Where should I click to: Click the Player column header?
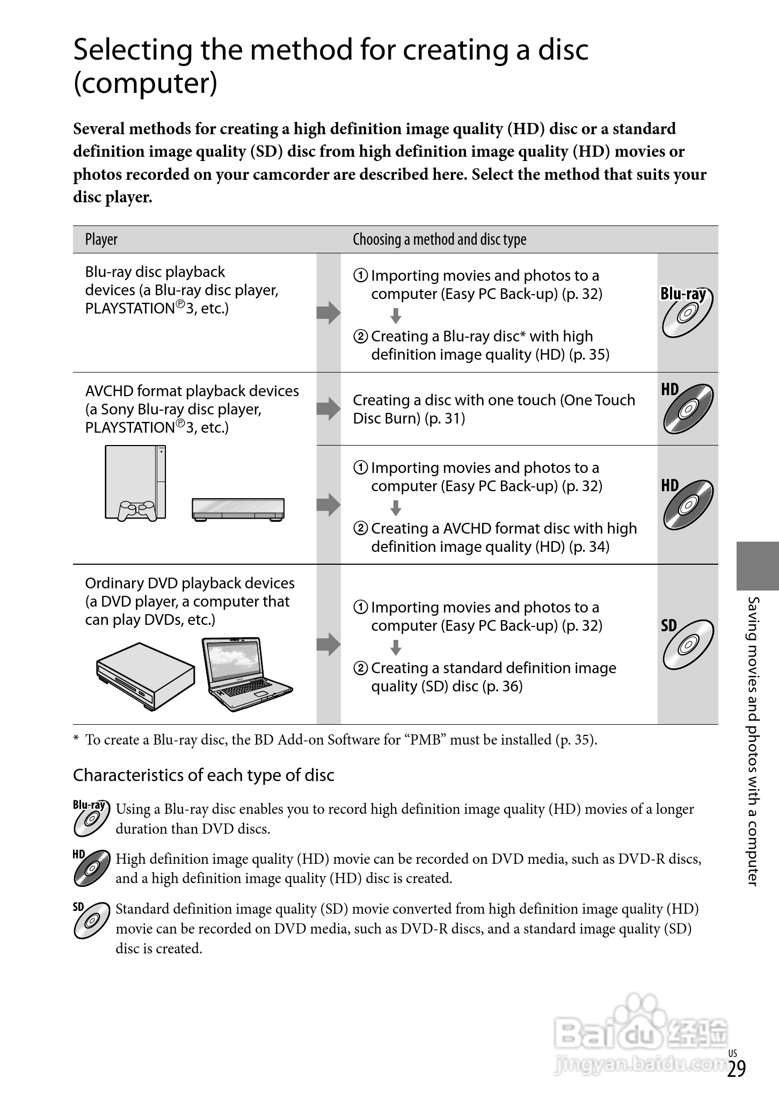click(101, 239)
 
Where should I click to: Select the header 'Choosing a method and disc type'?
click(439, 239)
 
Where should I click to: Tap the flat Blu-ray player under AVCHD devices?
click(238, 509)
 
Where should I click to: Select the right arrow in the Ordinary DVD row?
click(328, 644)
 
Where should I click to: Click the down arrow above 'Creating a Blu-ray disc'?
click(396, 316)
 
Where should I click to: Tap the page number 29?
click(737, 1069)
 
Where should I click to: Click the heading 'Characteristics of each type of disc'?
click(203, 775)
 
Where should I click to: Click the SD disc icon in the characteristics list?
click(91, 920)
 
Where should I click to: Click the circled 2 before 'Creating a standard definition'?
click(361, 668)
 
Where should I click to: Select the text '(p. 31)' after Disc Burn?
click(445, 419)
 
